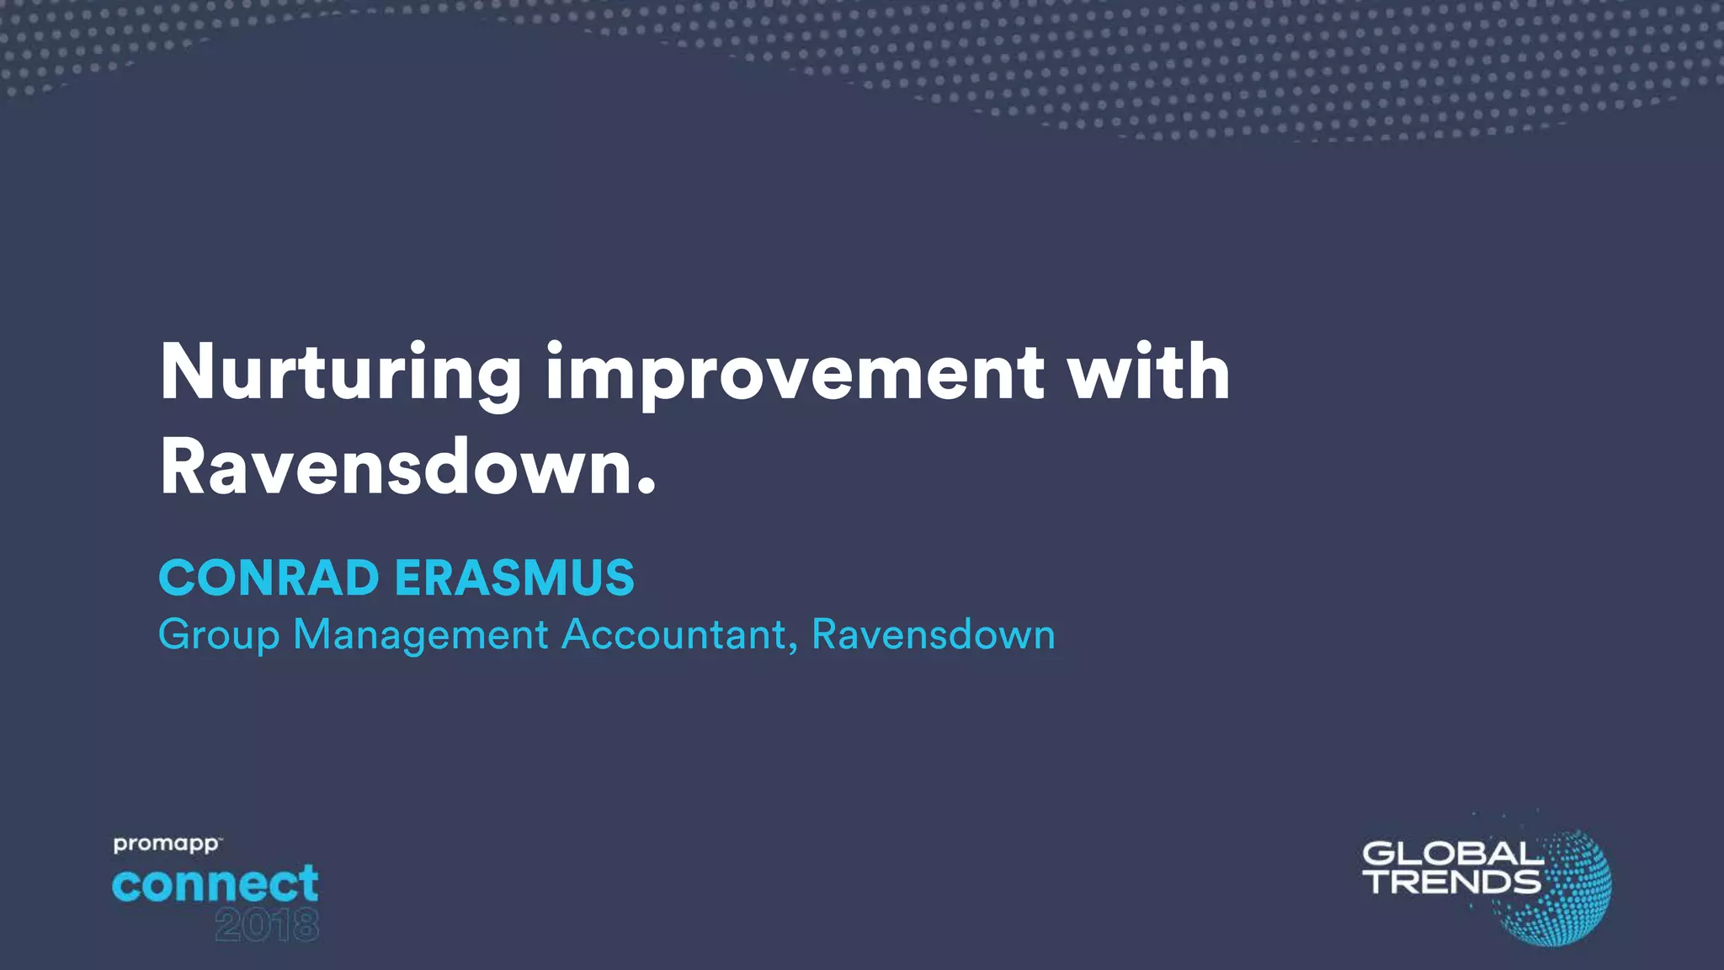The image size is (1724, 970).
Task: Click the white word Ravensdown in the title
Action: [x=394, y=467]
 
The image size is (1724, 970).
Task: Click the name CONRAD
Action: [x=269, y=578]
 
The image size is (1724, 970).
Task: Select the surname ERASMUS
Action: [x=514, y=578]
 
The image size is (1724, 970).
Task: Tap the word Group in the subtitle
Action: [x=218, y=636]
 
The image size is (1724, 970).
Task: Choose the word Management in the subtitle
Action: [x=421, y=636]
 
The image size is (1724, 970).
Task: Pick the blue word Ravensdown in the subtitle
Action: [x=933, y=634]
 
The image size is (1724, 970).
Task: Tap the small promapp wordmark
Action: [x=167, y=844]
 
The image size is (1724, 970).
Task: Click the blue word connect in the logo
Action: [x=215, y=884]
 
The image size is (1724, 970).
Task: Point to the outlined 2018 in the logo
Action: [x=267, y=926]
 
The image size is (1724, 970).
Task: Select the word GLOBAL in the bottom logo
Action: [x=1452, y=855]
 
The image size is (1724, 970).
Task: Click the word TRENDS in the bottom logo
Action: [x=1452, y=882]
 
